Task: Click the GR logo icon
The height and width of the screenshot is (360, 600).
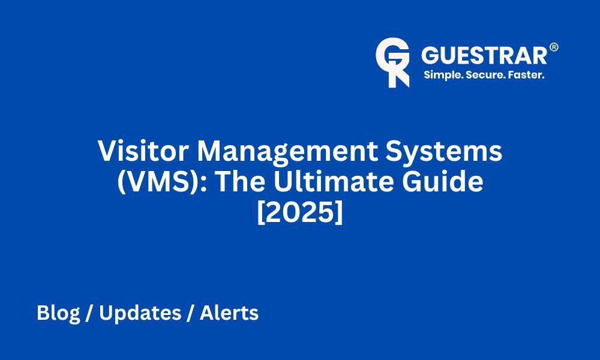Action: [392, 62]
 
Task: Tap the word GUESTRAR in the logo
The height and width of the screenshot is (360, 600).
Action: [484, 55]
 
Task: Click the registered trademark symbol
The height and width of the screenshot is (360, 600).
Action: [554, 47]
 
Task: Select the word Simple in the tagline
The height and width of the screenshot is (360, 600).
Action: [443, 75]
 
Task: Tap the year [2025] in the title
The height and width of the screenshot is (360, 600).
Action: [300, 213]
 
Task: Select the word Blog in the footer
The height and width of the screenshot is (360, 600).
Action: [59, 314]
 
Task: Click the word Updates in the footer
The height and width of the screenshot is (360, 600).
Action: [140, 314]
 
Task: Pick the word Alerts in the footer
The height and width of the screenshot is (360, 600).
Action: [229, 313]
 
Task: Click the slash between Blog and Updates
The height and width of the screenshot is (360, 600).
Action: [89, 313]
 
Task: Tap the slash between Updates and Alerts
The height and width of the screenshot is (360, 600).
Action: [191, 313]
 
